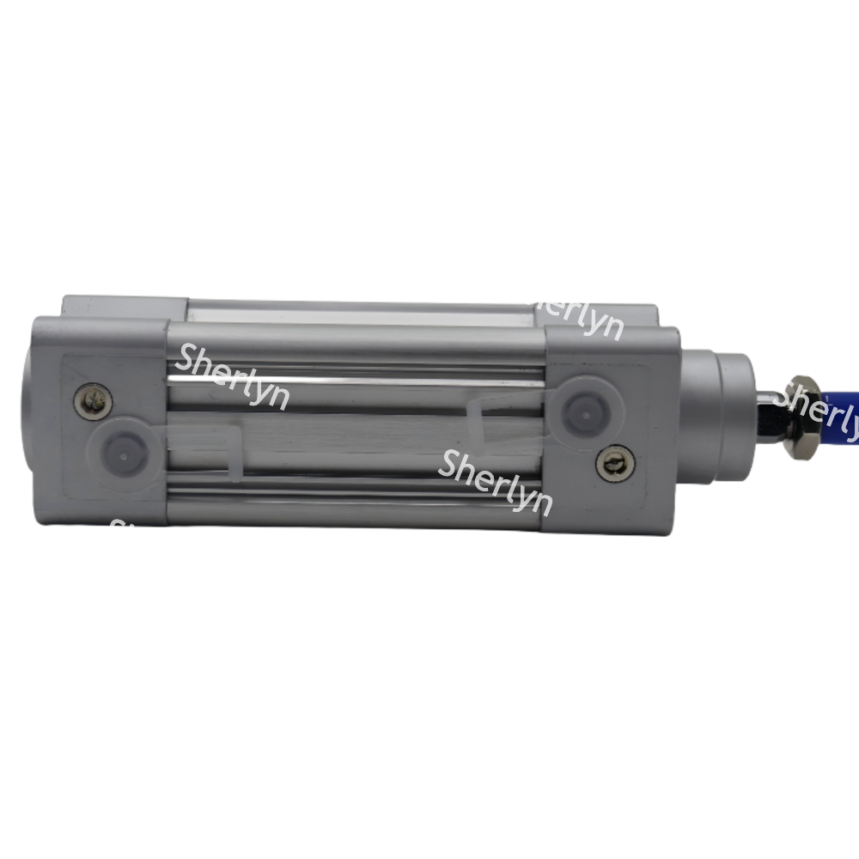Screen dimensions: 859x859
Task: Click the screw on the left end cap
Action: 93,400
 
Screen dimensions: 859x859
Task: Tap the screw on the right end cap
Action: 612,463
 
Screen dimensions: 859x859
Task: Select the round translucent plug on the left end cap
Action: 122,448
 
